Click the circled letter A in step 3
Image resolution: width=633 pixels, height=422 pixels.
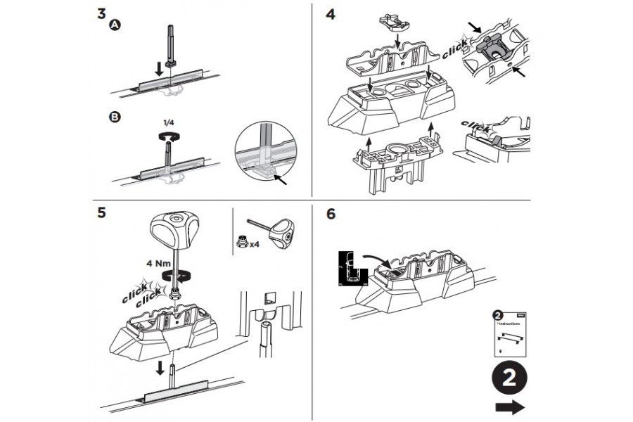[x=115, y=25]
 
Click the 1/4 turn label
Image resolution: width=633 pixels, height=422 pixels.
[x=168, y=122]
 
